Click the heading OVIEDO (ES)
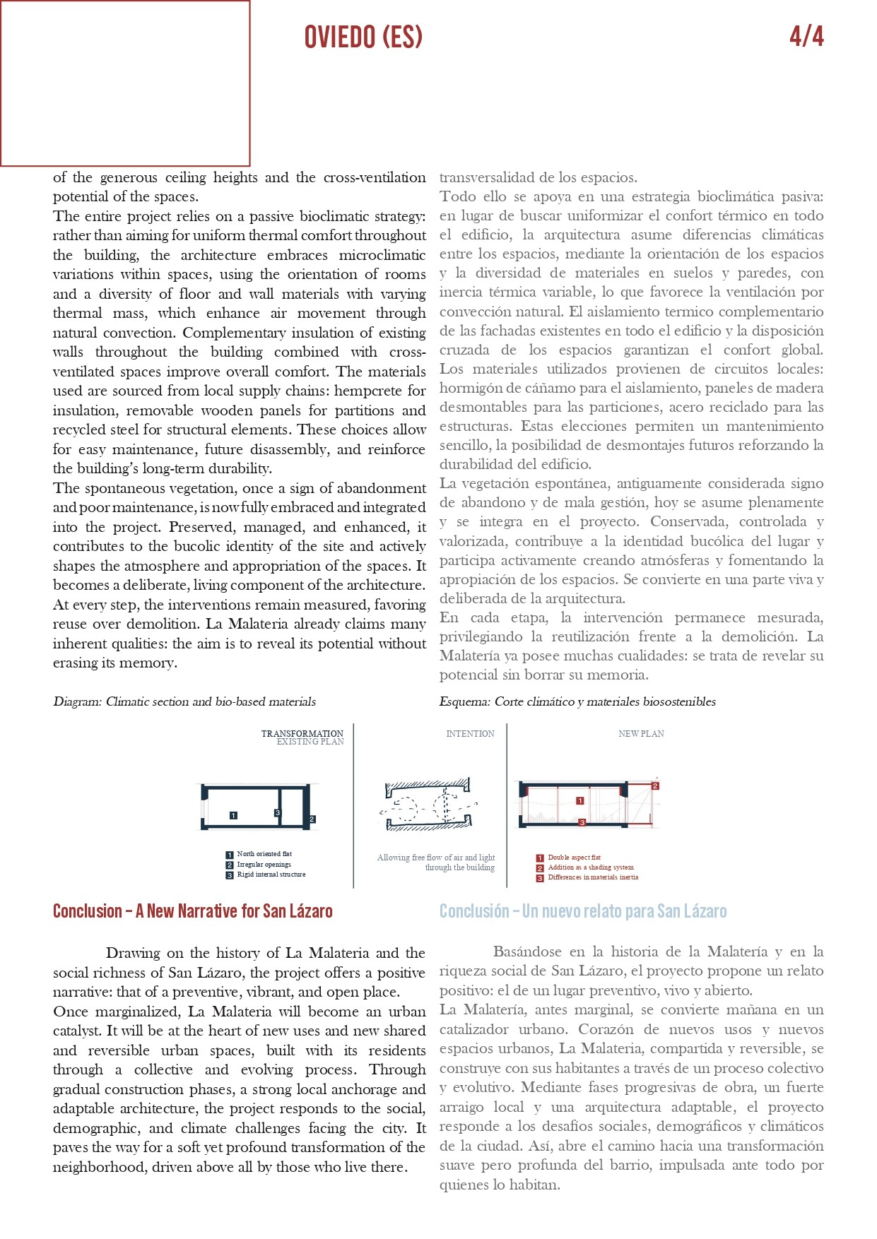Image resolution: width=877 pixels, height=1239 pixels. point(363,37)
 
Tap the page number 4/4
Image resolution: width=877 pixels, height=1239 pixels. point(806,36)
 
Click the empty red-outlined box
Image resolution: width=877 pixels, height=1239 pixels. point(125,83)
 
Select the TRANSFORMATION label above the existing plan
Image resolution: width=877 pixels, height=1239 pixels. point(302,733)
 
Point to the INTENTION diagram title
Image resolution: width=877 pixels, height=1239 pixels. point(470,734)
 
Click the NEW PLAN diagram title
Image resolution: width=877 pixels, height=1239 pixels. point(641,734)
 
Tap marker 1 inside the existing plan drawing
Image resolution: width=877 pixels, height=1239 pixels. point(234,815)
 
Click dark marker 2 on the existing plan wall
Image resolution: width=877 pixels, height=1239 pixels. point(312,819)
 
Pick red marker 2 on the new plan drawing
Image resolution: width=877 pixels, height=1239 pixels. point(655,786)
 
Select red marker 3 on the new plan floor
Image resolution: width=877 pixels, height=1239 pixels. point(582,822)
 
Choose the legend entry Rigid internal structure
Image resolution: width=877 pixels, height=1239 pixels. point(271,875)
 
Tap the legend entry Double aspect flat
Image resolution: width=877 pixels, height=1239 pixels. point(574,858)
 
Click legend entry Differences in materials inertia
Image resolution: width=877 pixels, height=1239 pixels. point(593,877)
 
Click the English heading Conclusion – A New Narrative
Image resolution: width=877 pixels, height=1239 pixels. point(192,911)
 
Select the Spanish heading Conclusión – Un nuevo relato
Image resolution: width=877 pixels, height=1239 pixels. point(582,911)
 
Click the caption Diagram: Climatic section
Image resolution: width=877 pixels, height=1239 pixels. point(184,701)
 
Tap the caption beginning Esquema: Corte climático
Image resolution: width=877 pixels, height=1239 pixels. point(577,701)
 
